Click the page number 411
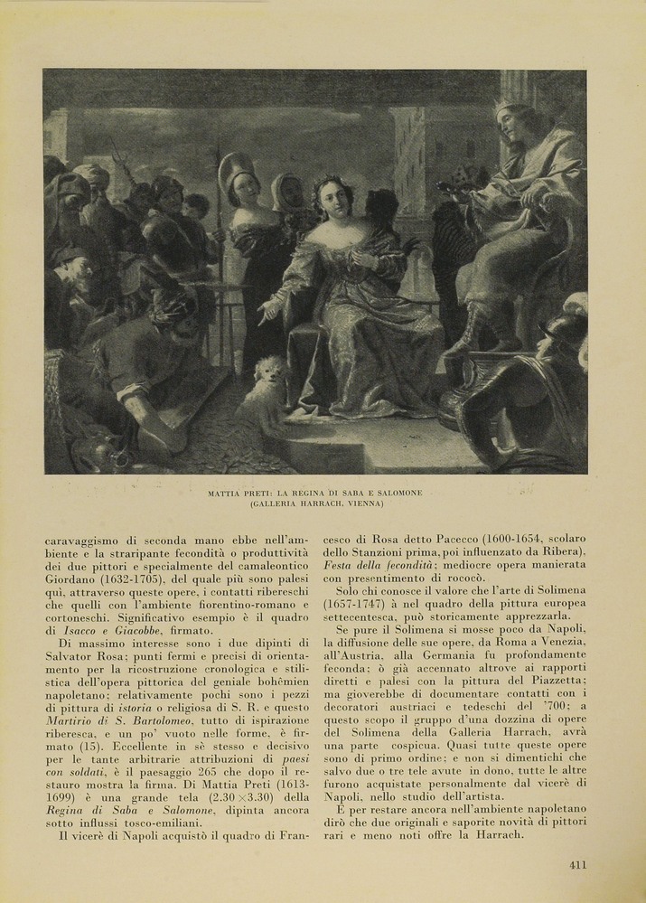[x=578, y=864]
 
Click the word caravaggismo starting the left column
[x=89, y=539]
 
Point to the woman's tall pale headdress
[x=235, y=166]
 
